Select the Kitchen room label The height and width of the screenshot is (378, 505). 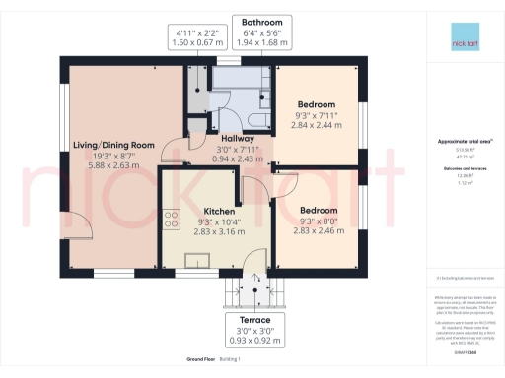pyautogui.click(x=219, y=212)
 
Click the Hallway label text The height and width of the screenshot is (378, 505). pyautogui.click(x=212, y=140)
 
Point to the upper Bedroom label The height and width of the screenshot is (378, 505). pyautogui.click(x=317, y=104)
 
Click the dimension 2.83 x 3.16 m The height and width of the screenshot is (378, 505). pyautogui.click(x=219, y=234)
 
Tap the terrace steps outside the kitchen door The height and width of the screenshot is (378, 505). pyautogui.click(x=253, y=290)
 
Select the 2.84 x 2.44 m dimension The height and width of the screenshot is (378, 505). pyautogui.click(x=317, y=126)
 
